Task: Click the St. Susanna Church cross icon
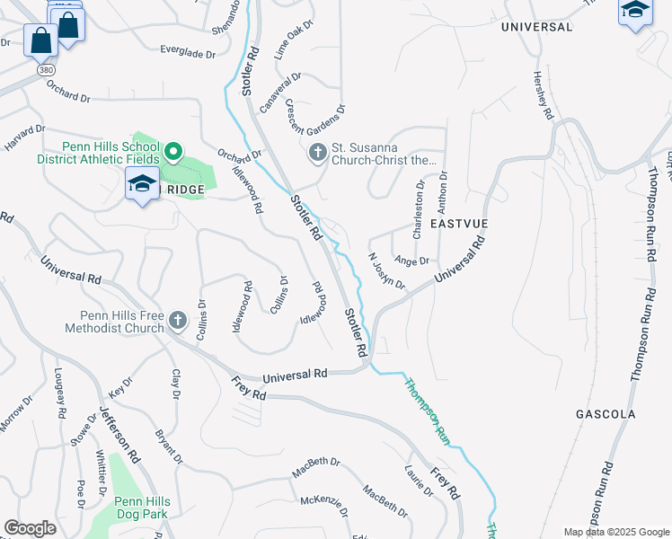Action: coord(317,154)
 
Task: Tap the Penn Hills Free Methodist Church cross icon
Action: coord(178,320)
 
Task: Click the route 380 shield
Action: coord(44,69)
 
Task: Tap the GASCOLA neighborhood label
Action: coord(606,414)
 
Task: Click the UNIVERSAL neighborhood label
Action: coord(536,27)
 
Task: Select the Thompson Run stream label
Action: coord(426,411)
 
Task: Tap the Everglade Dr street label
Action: coord(188,53)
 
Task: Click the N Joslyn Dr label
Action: coord(387,270)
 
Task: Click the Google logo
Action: coord(30,528)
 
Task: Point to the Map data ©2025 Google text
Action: coord(615,532)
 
